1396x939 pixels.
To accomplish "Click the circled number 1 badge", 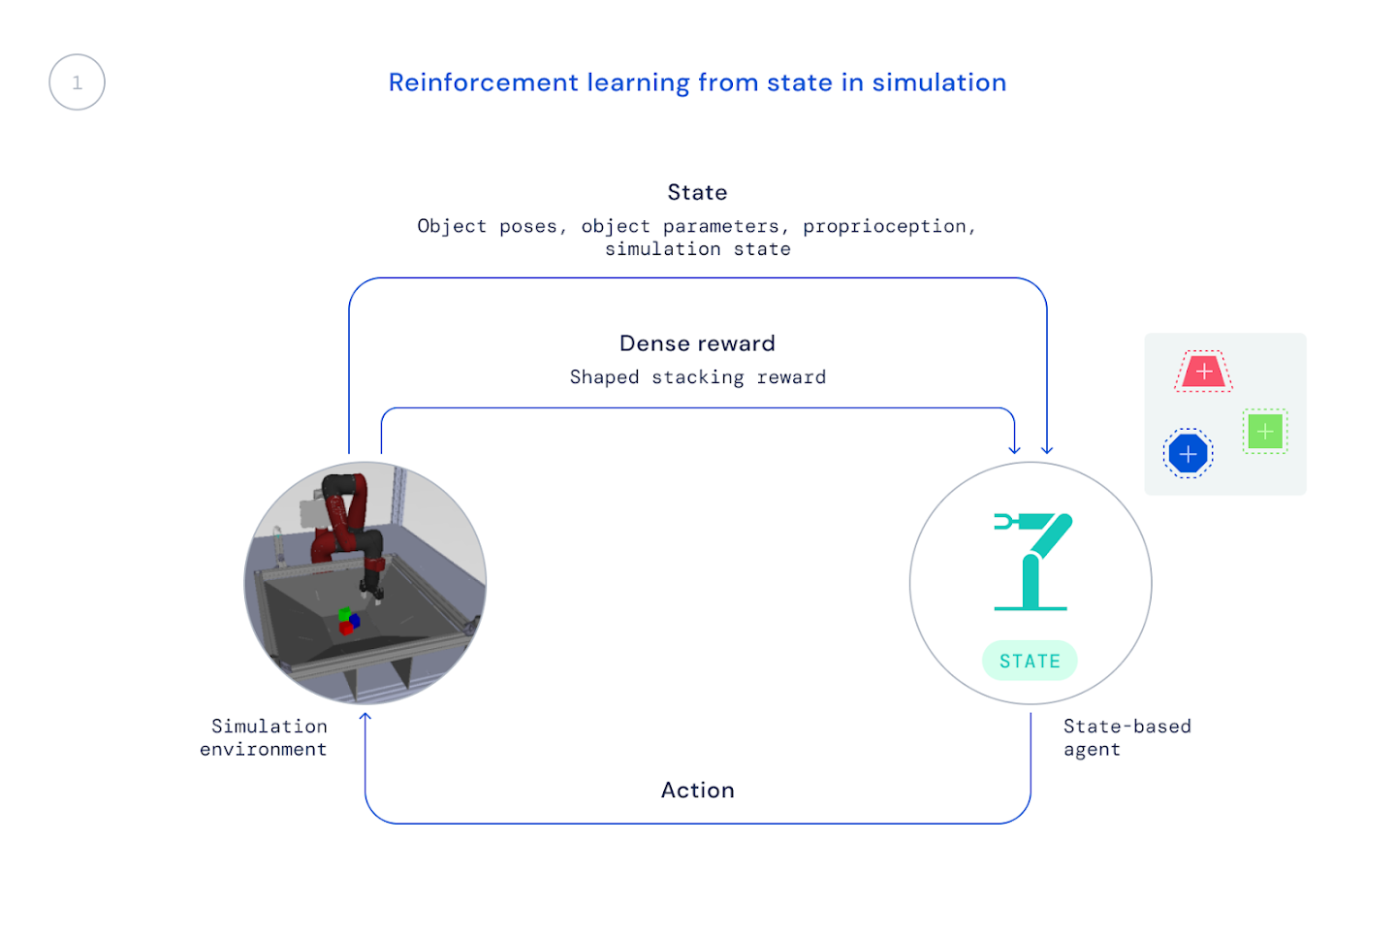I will [77, 82].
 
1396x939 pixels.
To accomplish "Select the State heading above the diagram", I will [697, 192].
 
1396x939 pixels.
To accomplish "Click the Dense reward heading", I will [697, 343].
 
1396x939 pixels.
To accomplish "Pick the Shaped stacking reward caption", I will [697, 377].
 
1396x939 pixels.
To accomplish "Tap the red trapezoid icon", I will [1203, 372].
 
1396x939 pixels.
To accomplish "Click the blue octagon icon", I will [1188, 453].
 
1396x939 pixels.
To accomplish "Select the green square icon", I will [1264, 432].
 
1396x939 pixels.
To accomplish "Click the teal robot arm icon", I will [1031, 561].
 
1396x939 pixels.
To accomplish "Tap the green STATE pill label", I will [1030, 661].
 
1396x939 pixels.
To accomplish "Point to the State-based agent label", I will [1126, 737].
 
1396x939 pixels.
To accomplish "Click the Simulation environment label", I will [264, 737].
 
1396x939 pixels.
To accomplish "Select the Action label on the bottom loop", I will [697, 790].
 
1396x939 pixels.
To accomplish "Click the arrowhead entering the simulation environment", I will [365, 718].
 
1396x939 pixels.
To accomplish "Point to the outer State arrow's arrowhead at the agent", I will [1047, 449].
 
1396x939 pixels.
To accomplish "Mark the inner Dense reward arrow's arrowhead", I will [1014, 449].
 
